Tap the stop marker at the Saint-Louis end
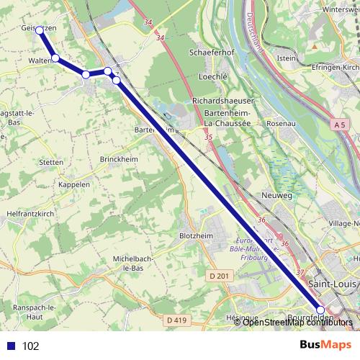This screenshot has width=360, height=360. click(x=320, y=310)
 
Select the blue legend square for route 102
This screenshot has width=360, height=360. click(x=9, y=346)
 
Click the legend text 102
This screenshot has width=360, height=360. click(x=31, y=346)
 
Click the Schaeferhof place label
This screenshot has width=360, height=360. click(x=212, y=53)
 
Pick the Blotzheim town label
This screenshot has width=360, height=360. click(x=196, y=235)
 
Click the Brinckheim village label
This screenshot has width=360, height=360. click(x=119, y=158)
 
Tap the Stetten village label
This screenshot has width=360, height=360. click(x=52, y=163)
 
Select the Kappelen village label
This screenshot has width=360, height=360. click(x=73, y=184)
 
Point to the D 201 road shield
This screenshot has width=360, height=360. click(x=219, y=276)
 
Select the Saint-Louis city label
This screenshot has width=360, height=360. click(x=330, y=284)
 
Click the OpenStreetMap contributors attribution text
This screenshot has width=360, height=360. click(x=297, y=323)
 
